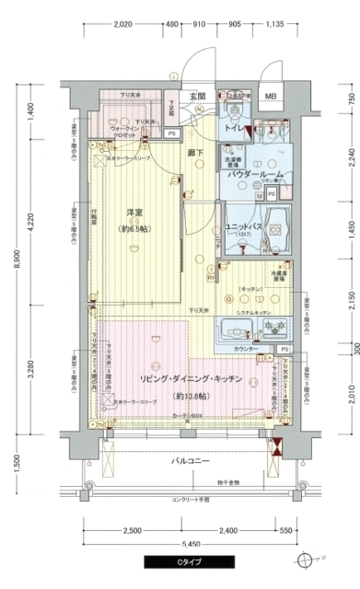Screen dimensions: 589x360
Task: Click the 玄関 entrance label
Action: [x=198, y=95]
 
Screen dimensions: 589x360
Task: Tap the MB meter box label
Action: [x=270, y=97]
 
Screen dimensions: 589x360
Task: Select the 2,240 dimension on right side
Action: [x=351, y=158]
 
